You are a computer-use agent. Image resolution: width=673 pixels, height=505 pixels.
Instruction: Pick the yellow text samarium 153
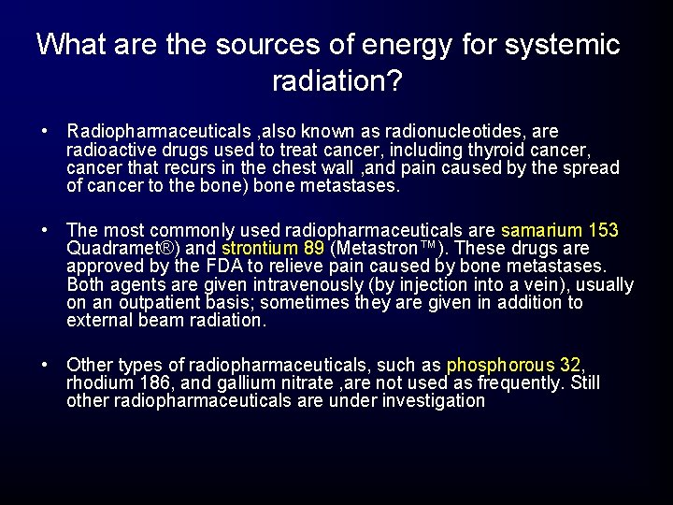click(x=560, y=231)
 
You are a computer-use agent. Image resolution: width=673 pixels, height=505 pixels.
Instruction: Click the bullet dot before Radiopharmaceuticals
click(x=45, y=132)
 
